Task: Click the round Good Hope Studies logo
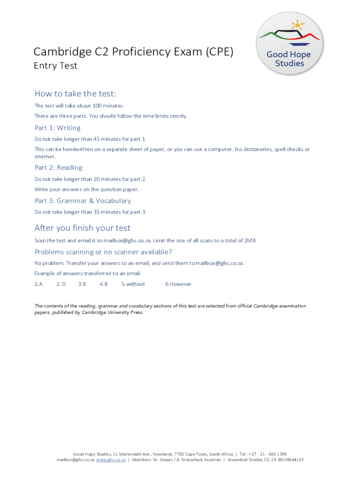point(290,44)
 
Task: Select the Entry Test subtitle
point(55,66)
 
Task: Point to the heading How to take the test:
point(75,94)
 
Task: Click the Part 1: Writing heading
point(58,128)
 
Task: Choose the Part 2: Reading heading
point(58,167)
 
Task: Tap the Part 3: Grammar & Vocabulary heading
point(83,201)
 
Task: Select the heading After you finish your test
point(82,228)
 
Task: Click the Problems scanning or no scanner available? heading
point(103,252)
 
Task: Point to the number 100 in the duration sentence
point(88,106)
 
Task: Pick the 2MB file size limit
point(250,240)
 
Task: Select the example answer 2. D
point(61,284)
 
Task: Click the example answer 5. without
point(133,284)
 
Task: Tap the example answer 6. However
point(178,284)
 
